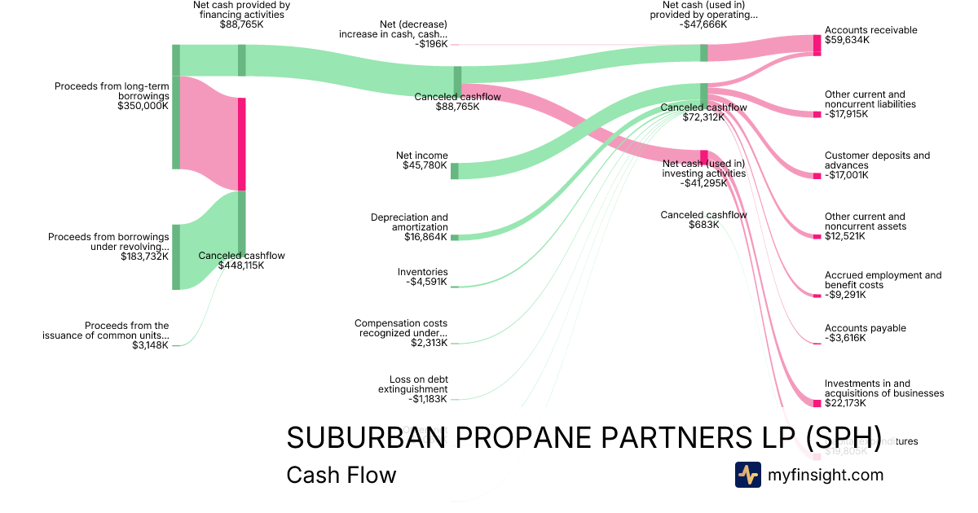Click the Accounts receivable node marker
point(817,45)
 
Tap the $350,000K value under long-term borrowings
point(143,106)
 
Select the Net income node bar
point(455,171)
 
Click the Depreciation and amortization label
point(409,222)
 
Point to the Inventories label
point(422,272)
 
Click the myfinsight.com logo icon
point(747,475)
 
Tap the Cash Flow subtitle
point(341,475)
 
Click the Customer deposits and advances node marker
point(817,176)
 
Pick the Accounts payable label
point(865,328)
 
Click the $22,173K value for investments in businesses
point(846,403)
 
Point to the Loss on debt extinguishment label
point(412,384)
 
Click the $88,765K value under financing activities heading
point(241,24)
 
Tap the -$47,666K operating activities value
point(703,24)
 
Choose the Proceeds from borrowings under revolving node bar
point(175,256)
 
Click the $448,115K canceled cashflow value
point(241,265)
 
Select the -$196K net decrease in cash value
point(431,44)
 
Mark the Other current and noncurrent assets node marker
point(817,237)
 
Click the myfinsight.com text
point(825,475)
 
